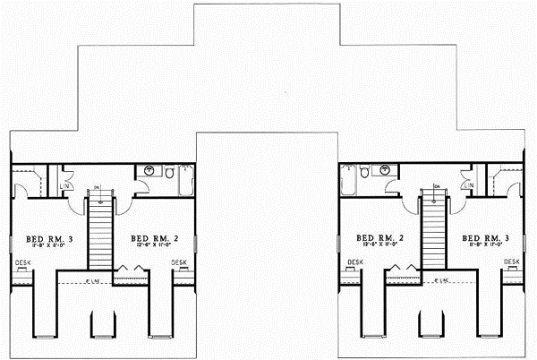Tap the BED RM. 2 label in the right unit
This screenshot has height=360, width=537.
point(377,238)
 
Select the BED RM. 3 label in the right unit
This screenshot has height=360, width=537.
point(485,238)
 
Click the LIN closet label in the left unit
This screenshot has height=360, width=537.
point(64,186)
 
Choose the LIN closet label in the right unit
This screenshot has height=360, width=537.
point(471,186)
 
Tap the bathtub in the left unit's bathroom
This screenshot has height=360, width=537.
point(186,180)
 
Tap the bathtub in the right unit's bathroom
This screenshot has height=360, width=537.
point(349,180)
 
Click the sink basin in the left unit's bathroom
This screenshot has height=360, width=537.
point(149,170)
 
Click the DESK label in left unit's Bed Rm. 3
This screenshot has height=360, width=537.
point(23,261)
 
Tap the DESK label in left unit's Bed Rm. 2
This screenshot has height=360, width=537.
point(178,261)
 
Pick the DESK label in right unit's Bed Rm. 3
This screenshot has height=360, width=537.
point(510,261)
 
